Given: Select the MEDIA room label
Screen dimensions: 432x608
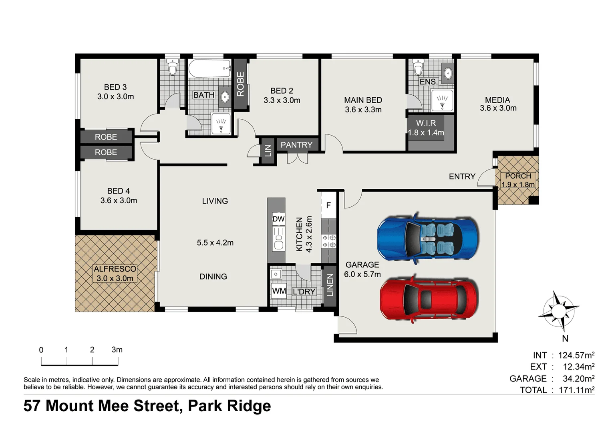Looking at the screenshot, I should pyautogui.click(x=497, y=100).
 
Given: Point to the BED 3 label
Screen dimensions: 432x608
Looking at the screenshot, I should pyautogui.click(x=115, y=87).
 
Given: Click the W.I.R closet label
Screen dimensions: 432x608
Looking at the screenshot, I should pyautogui.click(x=426, y=123).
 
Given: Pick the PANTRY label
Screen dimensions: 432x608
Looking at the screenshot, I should pyautogui.click(x=296, y=145).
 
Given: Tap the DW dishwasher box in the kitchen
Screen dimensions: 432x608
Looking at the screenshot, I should pyautogui.click(x=278, y=219).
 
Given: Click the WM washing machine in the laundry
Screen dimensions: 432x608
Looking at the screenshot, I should pyautogui.click(x=279, y=291).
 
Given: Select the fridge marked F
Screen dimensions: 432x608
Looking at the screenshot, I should pyautogui.click(x=328, y=206).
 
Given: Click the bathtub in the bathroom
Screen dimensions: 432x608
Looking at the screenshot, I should pyautogui.click(x=209, y=69).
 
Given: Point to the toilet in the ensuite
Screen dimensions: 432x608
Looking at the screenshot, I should pyautogui.click(x=418, y=68).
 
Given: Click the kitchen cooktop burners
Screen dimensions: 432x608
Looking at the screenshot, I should pyautogui.click(x=329, y=241).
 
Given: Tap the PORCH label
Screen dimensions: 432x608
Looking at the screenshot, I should pyautogui.click(x=518, y=176).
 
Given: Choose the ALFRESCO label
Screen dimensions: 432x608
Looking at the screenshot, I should pyautogui.click(x=115, y=269).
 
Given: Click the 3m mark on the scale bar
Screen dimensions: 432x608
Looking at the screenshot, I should pyautogui.click(x=117, y=350).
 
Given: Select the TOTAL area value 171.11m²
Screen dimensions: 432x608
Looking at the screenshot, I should pyautogui.click(x=576, y=390).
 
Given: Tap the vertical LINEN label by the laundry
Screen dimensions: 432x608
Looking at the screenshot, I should pyautogui.click(x=330, y=285).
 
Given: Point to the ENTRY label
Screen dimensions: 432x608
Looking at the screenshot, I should pyautogui.click(x=462, y=176).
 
